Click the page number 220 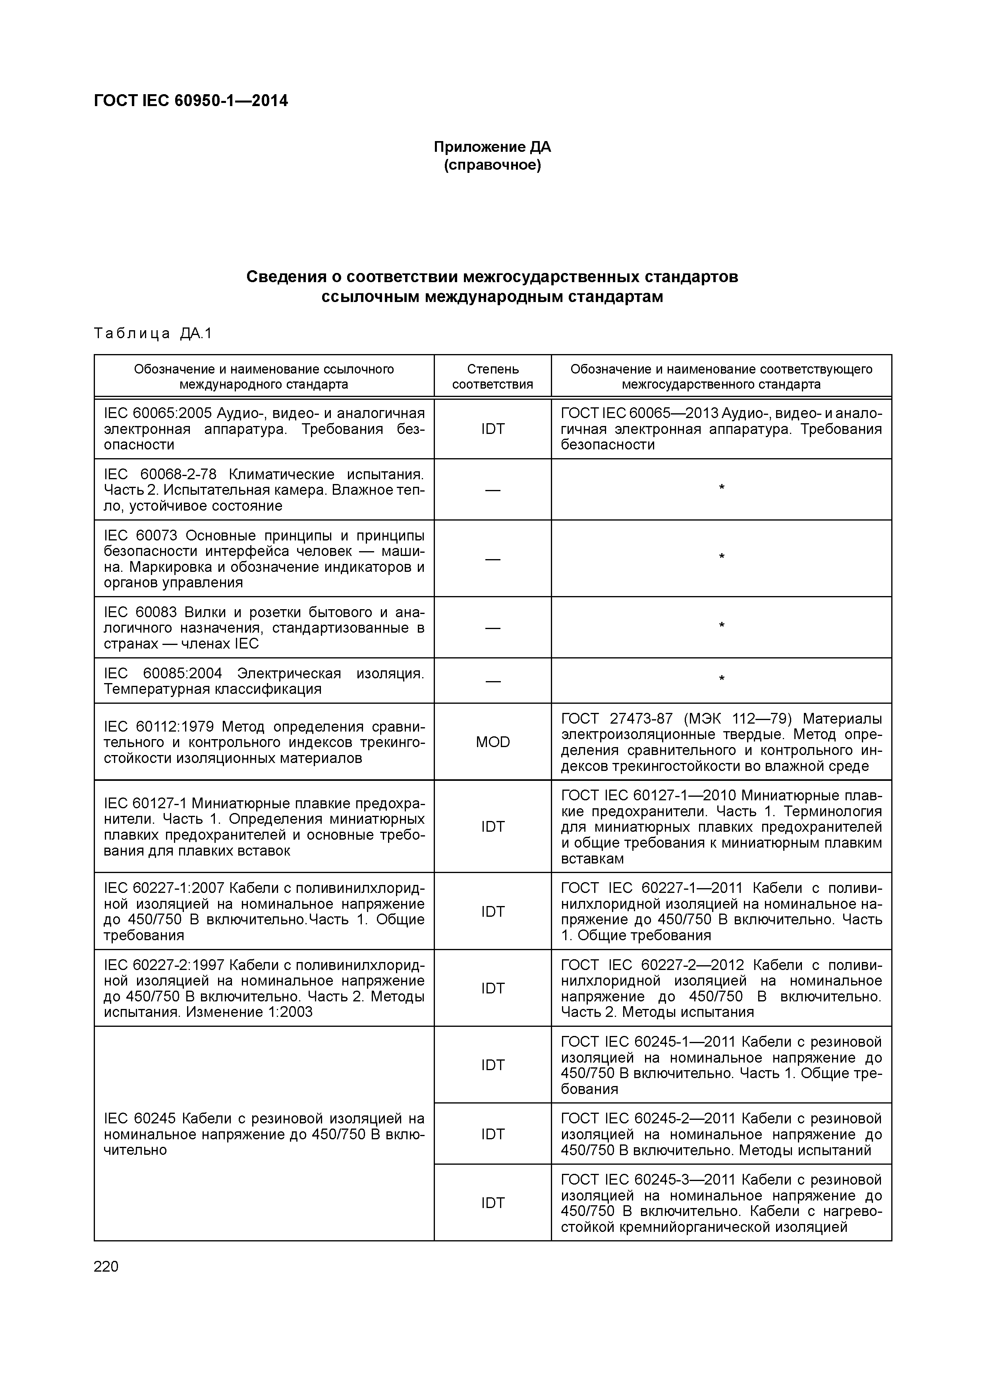tap(106, 1266)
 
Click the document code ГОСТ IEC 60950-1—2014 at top tap(191, 101)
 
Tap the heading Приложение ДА tap(492, 147)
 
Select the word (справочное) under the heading tap(492, 165)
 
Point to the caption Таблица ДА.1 tap(153, 333)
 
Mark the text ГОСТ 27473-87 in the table tap(616, 719)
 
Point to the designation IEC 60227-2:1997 tap(164, 965)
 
